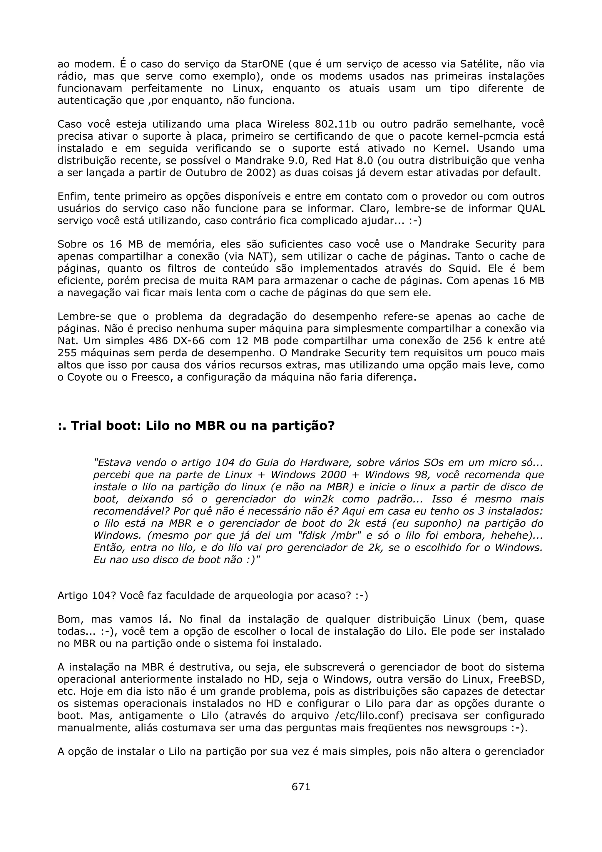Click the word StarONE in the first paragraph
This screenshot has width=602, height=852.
point(262,64)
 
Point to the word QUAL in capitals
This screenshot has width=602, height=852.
point(531,208)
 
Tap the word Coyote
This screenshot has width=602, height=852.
point(84,377)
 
